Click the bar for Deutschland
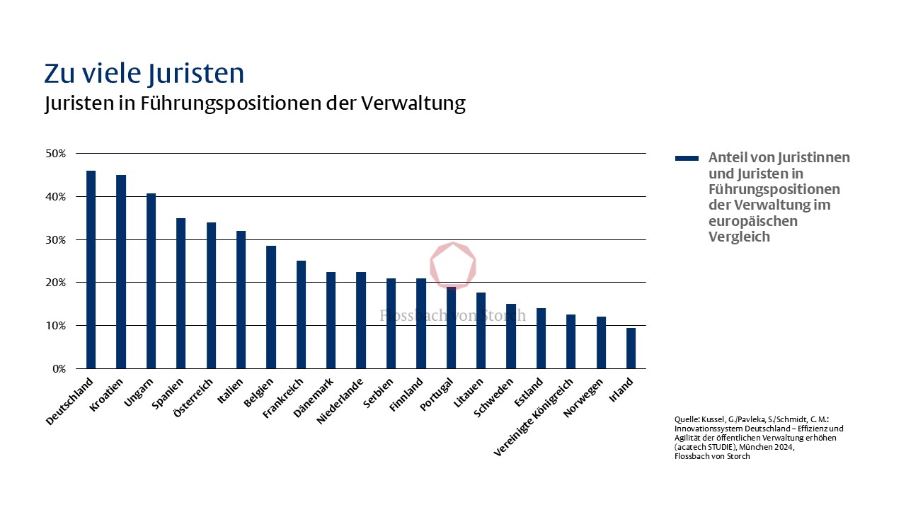click(x=91, y=270)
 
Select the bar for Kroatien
click(x=121, y=272)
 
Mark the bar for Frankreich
click(x=301, y=314)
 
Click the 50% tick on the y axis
click(x=56, y=154)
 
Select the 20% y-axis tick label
click(x=56, y=283)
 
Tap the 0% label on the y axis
click(x=59, y=369)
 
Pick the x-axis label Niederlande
click(x=340, y=402)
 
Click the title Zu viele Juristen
click(x=144, y=74)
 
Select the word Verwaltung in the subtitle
click(x=413, y=103)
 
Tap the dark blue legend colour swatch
click(x=686, y=158)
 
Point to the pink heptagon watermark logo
click(x=454, y=266)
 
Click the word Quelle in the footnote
click(x=687, y=420)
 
